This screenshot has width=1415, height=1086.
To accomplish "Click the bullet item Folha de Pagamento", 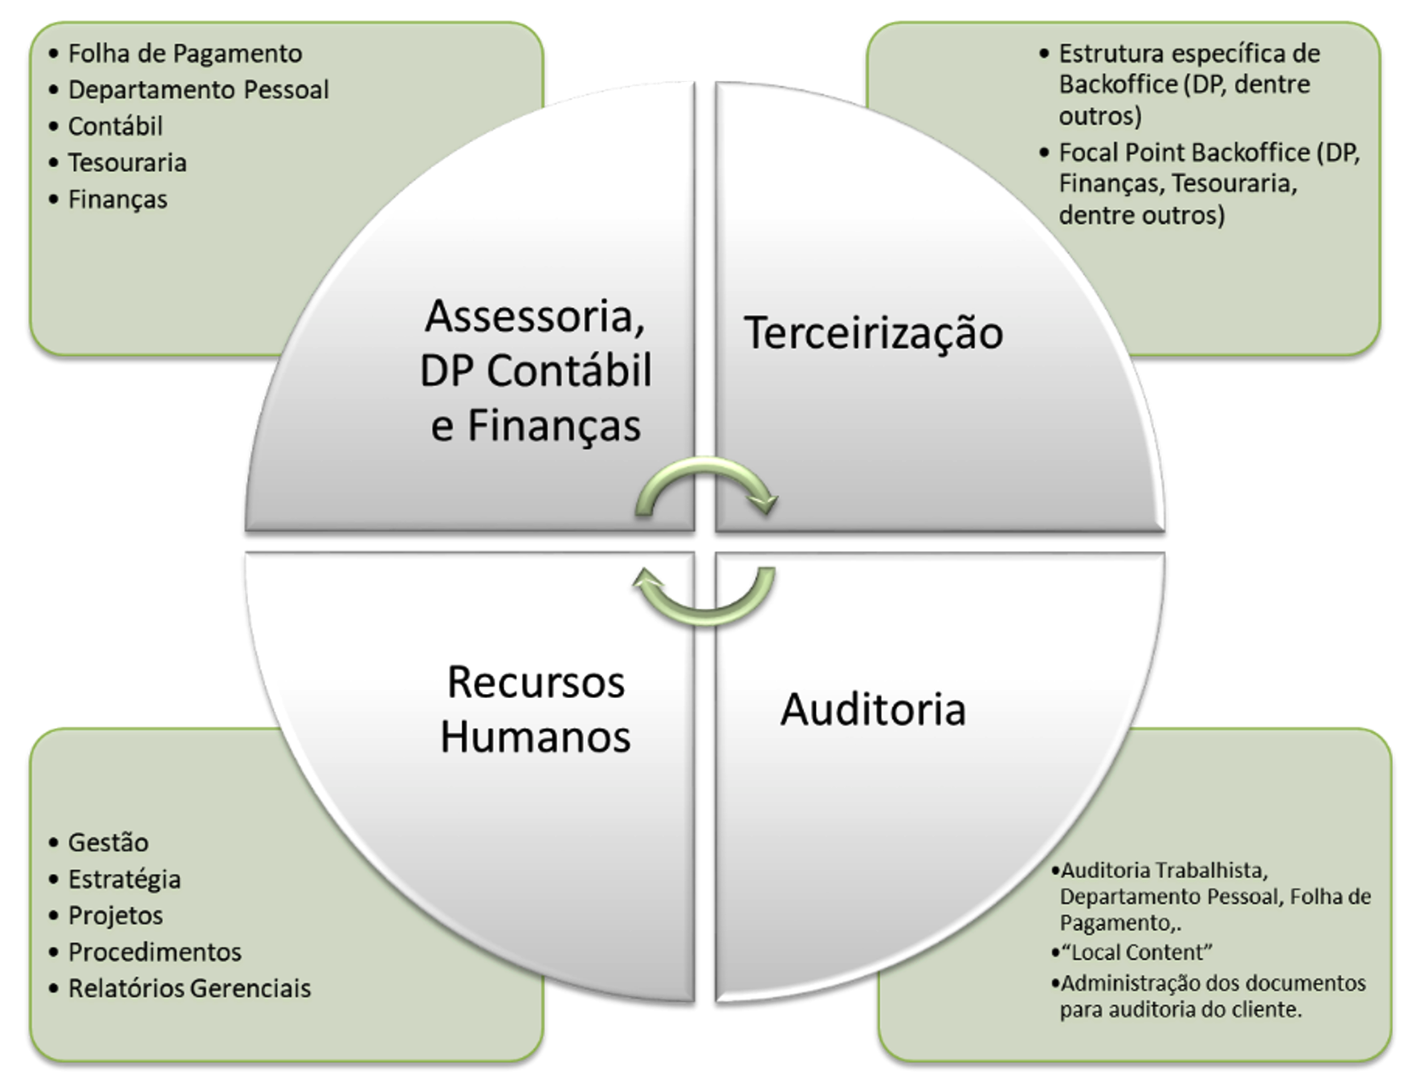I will (x=185, y=54).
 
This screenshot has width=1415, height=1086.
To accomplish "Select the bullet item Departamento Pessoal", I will (x=198, y=90).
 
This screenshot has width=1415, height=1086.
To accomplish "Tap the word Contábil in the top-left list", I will (x=115, y=126).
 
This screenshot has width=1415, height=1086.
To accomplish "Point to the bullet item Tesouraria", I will (x=127, y=163).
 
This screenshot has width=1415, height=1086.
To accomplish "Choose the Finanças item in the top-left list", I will (x=117, y=199).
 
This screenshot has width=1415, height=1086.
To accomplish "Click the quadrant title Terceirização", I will (x=873, y=333).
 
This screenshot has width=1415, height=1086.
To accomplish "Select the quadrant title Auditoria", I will (x=873, y=709).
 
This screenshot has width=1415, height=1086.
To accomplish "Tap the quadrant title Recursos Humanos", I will (x=536, y=709).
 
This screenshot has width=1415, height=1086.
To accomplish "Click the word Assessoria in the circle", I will (x=536, y=316).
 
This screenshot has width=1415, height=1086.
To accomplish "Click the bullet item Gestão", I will (x=108, y=843).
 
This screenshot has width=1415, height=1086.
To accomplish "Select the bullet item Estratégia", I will (x=124, y=880).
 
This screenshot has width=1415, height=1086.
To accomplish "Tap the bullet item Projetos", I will (x=116, y=916).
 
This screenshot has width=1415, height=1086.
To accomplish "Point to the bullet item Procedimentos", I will (x=154, y=953).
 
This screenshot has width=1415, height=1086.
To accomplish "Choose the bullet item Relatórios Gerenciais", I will (x=189, y=989).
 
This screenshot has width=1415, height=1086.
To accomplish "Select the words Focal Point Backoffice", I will (x=1184, y=153).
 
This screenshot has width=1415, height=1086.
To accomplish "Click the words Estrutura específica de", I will (x=1189, y=54).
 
